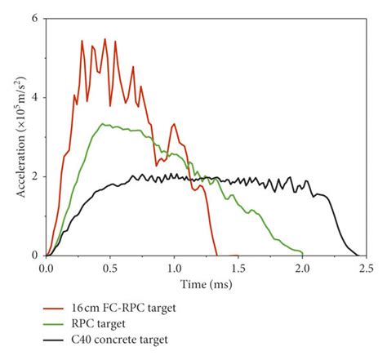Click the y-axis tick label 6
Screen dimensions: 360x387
point(35,18)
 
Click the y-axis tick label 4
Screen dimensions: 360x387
point(35,97)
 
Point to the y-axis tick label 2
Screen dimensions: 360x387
point(35,176)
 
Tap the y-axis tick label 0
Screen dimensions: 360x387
point(35,255)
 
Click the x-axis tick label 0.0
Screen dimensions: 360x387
point(47,267)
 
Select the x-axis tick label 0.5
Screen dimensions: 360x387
point(110,267)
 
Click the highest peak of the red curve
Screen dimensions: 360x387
point(105,39)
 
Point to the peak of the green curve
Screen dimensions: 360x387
point(102,124)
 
